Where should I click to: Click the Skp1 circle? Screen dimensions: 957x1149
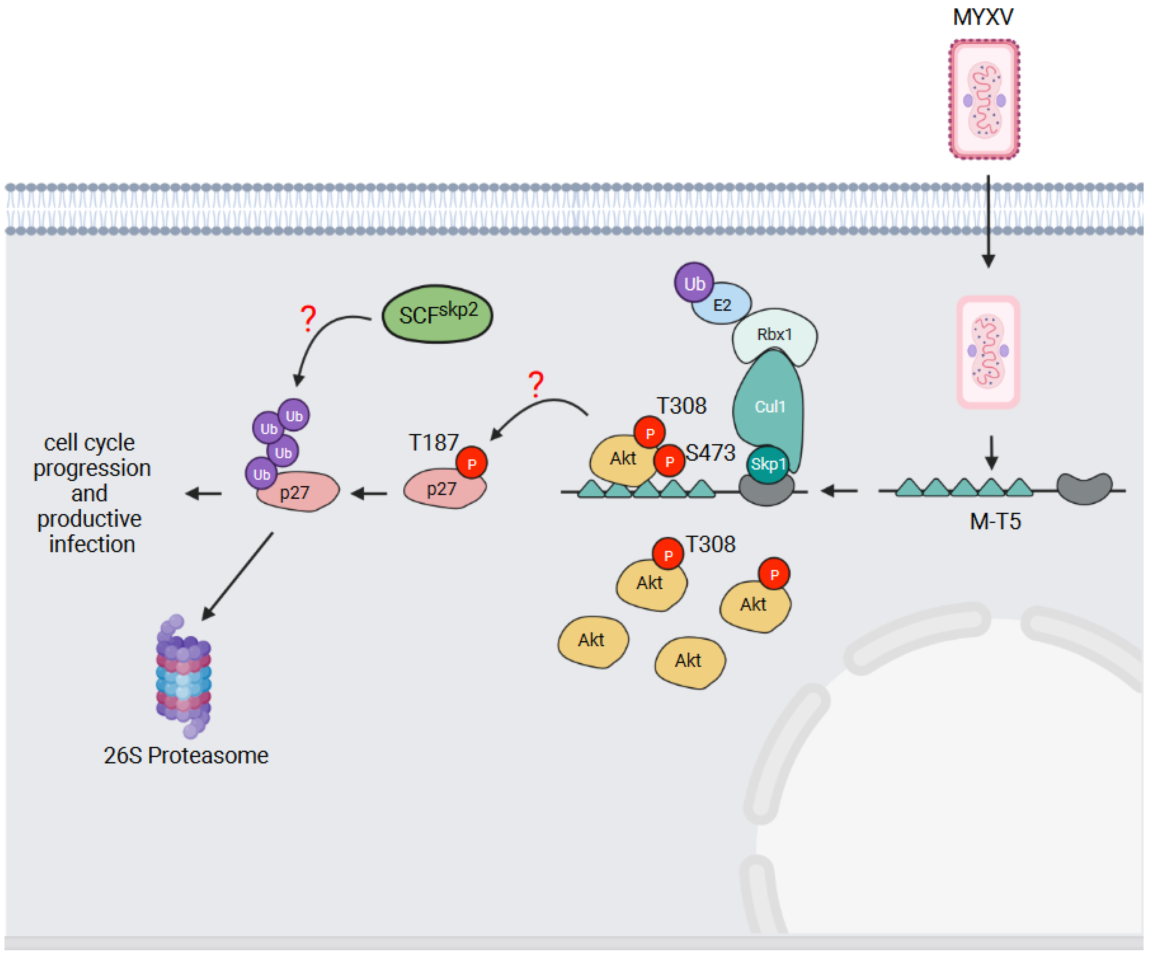(x=767, y=464)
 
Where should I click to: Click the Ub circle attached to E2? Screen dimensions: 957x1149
(x=694, y=283)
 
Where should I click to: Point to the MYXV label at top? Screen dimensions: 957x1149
(x=983, y=16)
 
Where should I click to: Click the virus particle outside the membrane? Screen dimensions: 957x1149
(x=984, y=100)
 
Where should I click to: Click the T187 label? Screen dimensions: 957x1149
(x=433, y=442)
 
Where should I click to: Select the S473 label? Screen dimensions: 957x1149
(x=710, y=453)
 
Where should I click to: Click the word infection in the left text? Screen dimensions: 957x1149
(x=91, y=544)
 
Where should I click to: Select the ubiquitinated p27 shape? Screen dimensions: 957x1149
(x=298, y=492)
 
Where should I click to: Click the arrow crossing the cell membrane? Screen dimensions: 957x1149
(x=988, y=222)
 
